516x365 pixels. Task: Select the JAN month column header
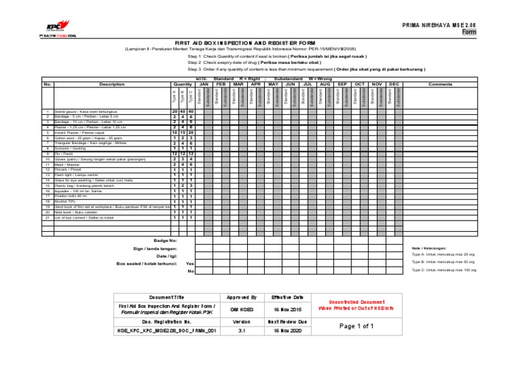pos(206,84)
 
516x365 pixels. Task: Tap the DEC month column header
pos(394,84)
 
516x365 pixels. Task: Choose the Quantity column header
pos(183,84)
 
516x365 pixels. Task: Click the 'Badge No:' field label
pos(165,239)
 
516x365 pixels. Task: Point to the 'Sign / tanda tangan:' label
pos(155,248)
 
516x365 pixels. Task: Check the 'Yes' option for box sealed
pos(189,263)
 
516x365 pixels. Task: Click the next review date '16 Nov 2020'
pos(287,331)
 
